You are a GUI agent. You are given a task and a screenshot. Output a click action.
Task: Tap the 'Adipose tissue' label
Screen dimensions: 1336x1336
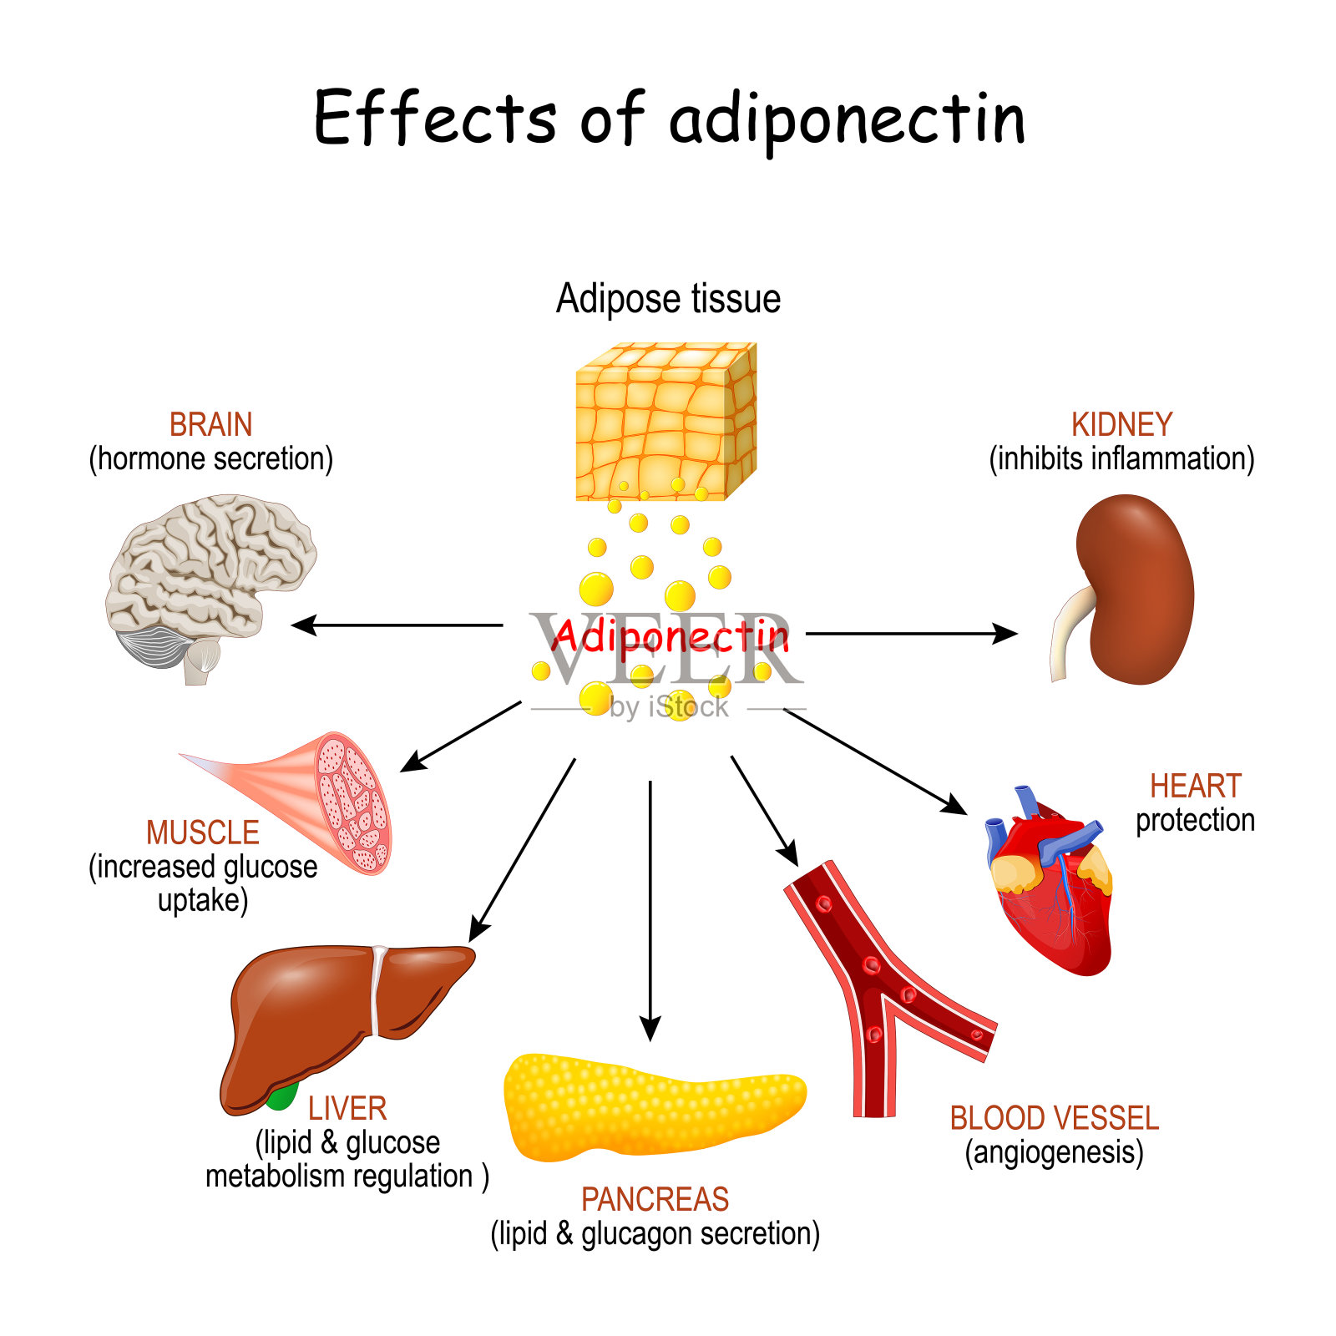pyautogui.click(x=668, y=299)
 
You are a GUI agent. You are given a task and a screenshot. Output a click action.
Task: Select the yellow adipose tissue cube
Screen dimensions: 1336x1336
pyautogui.click(x=665, y=423)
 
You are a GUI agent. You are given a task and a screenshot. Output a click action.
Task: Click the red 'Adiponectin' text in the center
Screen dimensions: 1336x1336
pyautogui.click(x=670, y=636)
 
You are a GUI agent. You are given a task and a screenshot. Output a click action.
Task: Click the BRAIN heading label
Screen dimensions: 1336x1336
pyautogui.click(x=210, y=425)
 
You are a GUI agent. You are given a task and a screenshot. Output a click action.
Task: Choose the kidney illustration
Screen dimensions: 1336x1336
pyautogui.click(x=1131, y=589)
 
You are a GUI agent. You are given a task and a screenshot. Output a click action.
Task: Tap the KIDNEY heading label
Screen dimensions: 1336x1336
pyautogui.click(x=1121, y=425)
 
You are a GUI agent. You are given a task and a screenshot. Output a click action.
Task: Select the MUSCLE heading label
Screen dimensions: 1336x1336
pyautogui.click(x=202, y=832)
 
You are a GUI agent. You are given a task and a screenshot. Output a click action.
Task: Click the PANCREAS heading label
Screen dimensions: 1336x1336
pyautogui.click(x=655, y=1200)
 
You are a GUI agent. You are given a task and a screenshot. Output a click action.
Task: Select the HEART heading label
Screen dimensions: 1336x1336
pyautogui.click(x=1195, y=786)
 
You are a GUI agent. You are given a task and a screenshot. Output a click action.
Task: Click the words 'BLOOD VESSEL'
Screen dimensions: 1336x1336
pyautogui.click(x=1054, y=1118)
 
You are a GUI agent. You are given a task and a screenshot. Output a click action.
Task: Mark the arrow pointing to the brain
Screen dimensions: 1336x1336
pyautogui.click(x=397, y=625)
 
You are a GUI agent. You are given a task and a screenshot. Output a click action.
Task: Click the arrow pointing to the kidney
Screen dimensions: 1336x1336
pyautogui.click(x=910, y=634)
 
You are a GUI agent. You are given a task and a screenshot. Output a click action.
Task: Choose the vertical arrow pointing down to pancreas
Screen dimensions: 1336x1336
pyautogui.click(x=650, y=910)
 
